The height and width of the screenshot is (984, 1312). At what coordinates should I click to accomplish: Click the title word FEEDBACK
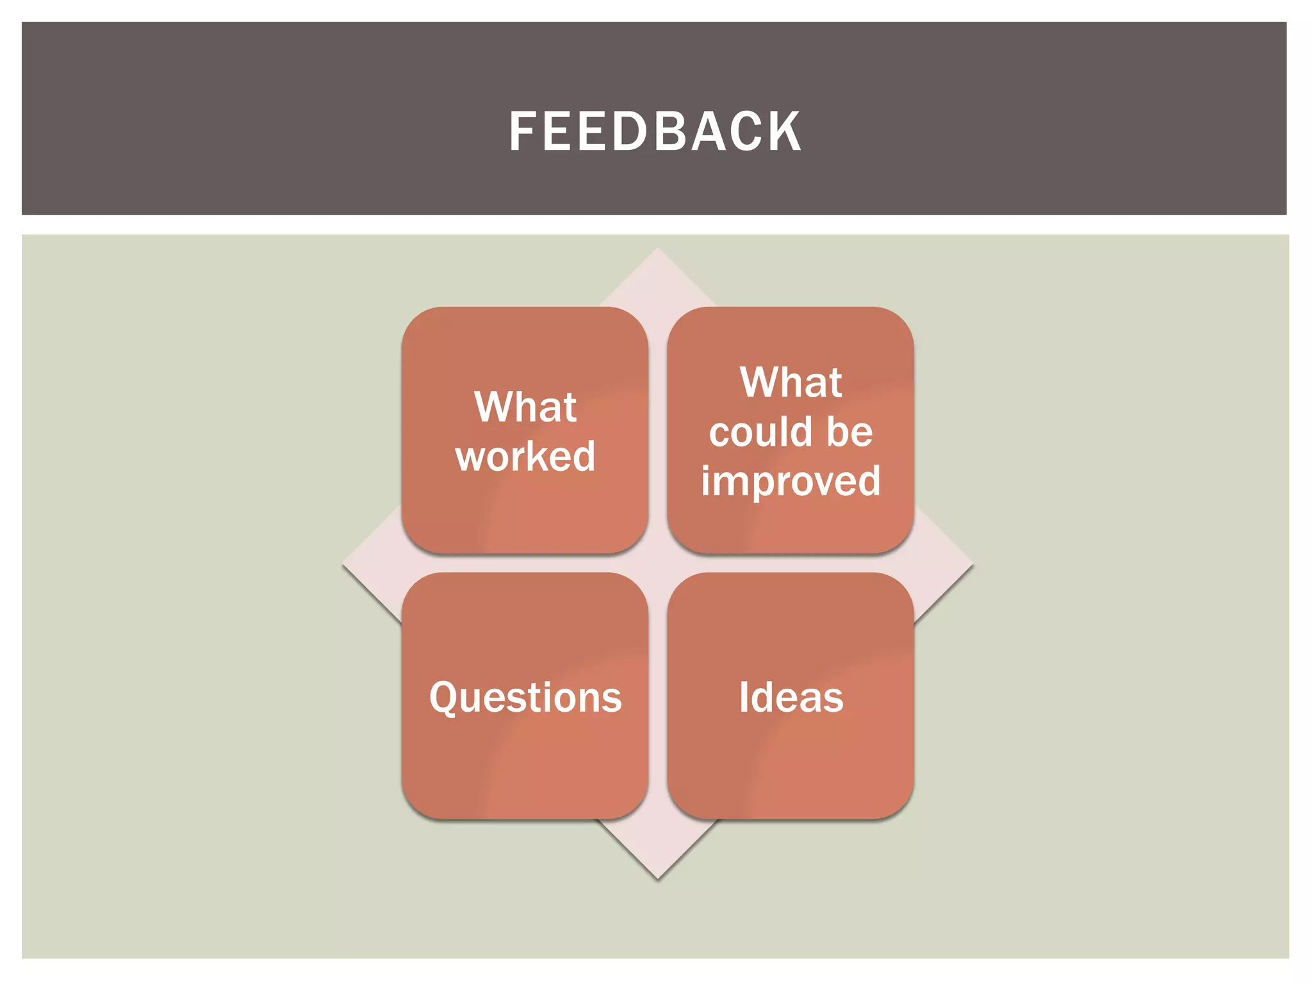click(655, 131)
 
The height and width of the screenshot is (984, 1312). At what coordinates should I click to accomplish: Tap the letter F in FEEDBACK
click(523, 131)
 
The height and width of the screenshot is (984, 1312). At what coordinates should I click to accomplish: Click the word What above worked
click(525, 407)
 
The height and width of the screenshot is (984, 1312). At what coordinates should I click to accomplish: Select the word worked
click(525, 456)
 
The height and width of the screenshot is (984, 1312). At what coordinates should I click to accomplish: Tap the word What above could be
click(791, 382)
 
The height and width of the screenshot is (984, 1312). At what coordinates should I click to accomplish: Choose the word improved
click(791, 482)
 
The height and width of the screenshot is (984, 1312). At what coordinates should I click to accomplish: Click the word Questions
click(525, 697)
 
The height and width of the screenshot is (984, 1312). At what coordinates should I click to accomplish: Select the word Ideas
click(791, 697)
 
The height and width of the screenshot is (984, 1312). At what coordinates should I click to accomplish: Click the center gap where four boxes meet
click(658, 563)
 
